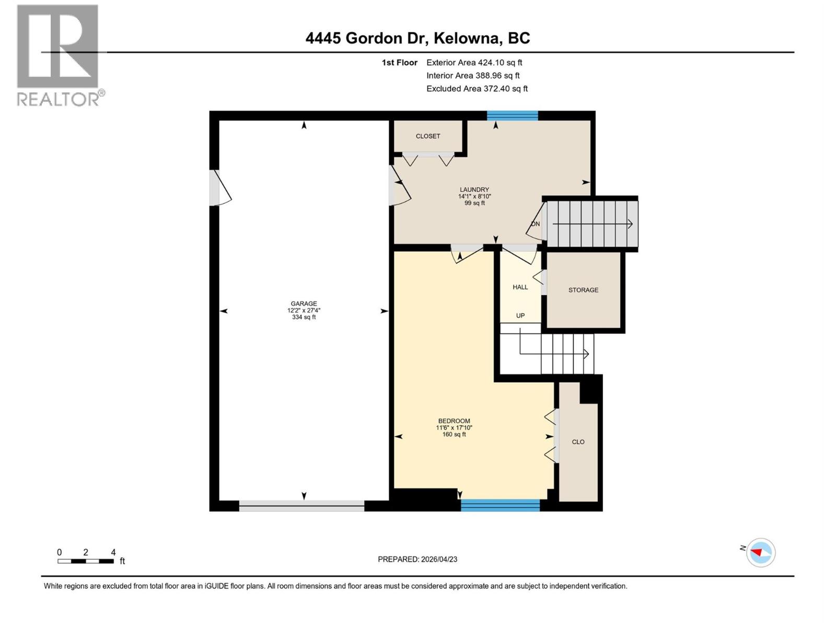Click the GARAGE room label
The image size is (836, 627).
[x=304, y=304]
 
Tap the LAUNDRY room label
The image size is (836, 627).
[x=474, y=190]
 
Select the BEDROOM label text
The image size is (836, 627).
[x=454, y=421]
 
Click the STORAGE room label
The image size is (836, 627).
[x=583, y=290]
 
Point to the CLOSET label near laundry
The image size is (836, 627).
[x=428, y=136]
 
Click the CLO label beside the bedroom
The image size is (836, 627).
[x=578, y=442]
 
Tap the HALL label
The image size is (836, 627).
[x=520, y=287]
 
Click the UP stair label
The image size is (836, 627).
[x=520, y=316]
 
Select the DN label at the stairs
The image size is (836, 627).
[x=535, y=224]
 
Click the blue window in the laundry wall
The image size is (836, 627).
[x=512, y=115]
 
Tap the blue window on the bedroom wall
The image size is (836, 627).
[x=500, y=505]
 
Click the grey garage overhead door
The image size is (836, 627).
[x=301, y=505]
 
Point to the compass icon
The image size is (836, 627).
[x=761, y=552]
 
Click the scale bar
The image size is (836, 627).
[x=86, y=561]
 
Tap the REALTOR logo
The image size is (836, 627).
[x=58, y=55]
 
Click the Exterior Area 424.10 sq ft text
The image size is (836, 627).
[x=474, y=63]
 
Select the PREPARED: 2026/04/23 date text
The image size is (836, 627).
[x=417, y=559]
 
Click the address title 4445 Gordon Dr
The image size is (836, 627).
[x=417, y=38]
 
